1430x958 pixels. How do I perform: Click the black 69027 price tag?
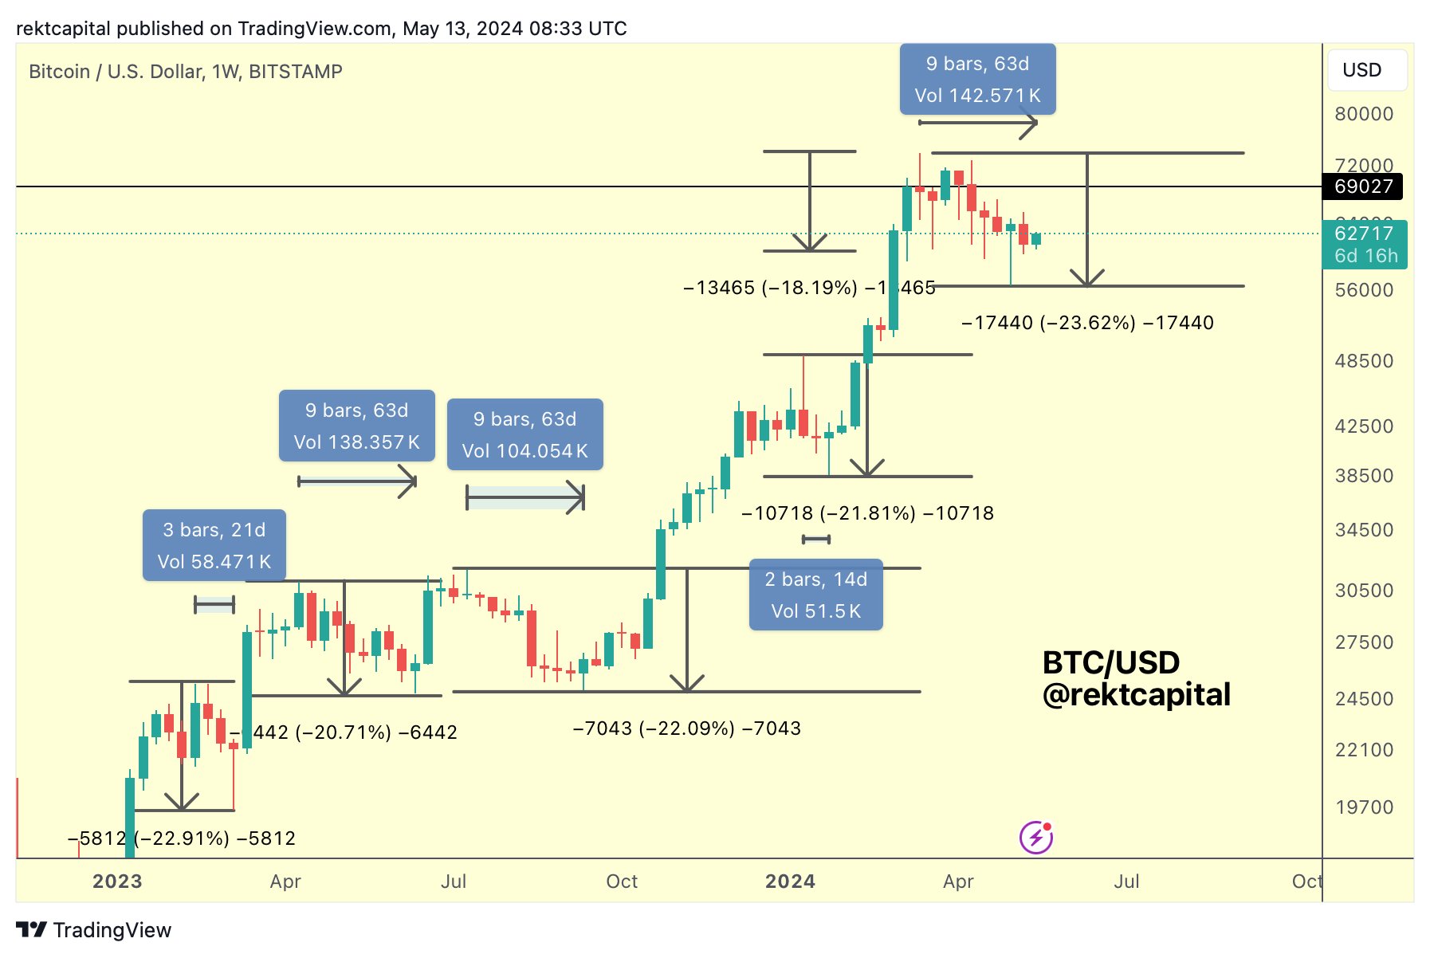(x=1363, y=186)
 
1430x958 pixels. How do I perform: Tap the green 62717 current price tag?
(x=1365, y=244)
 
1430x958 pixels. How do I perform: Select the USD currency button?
(x=1366, y=70)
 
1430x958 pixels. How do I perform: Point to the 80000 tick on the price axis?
(x=1364, y=114)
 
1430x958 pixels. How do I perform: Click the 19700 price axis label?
(x=1364, y=807)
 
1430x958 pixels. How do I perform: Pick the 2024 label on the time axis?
(x=790, y=881)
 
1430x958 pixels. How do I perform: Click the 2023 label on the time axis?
(x=117, y=881)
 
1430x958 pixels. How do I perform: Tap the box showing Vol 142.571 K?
(x=977, y=80)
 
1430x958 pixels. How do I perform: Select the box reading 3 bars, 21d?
(x=214, y=545)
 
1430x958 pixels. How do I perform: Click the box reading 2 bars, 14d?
(x=815, y=595)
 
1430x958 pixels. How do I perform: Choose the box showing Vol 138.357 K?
(x=356, y=426)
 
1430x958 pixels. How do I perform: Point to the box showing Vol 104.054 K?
(x=524, y=434)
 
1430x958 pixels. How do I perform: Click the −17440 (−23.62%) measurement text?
(x=1087, y=323)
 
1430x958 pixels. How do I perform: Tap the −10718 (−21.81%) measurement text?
(x=867, y=513)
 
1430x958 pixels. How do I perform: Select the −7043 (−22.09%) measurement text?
(x=686, y=728)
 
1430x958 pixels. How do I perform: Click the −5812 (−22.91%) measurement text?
(x=182, y=838)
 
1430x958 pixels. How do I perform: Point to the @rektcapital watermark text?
(x=1136, y=695)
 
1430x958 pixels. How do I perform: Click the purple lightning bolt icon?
(x=1035, y=838)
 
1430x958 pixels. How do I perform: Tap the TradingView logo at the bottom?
(x=94, y=930)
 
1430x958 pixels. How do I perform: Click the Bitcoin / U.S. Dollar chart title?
(x=185, y=72)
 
